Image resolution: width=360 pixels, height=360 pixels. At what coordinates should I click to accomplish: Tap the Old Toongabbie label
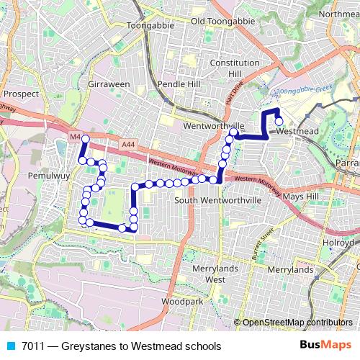224,20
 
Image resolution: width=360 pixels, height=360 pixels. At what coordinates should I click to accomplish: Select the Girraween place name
108,84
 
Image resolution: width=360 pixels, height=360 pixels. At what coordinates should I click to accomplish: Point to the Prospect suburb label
20,94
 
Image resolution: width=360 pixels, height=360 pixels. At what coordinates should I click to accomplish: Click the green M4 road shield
76,136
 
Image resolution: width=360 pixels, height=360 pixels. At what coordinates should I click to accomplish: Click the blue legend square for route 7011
9,346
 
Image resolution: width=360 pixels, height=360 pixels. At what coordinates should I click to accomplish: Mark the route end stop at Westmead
279,121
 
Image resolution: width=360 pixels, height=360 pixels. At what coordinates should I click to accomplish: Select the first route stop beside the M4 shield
85,138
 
